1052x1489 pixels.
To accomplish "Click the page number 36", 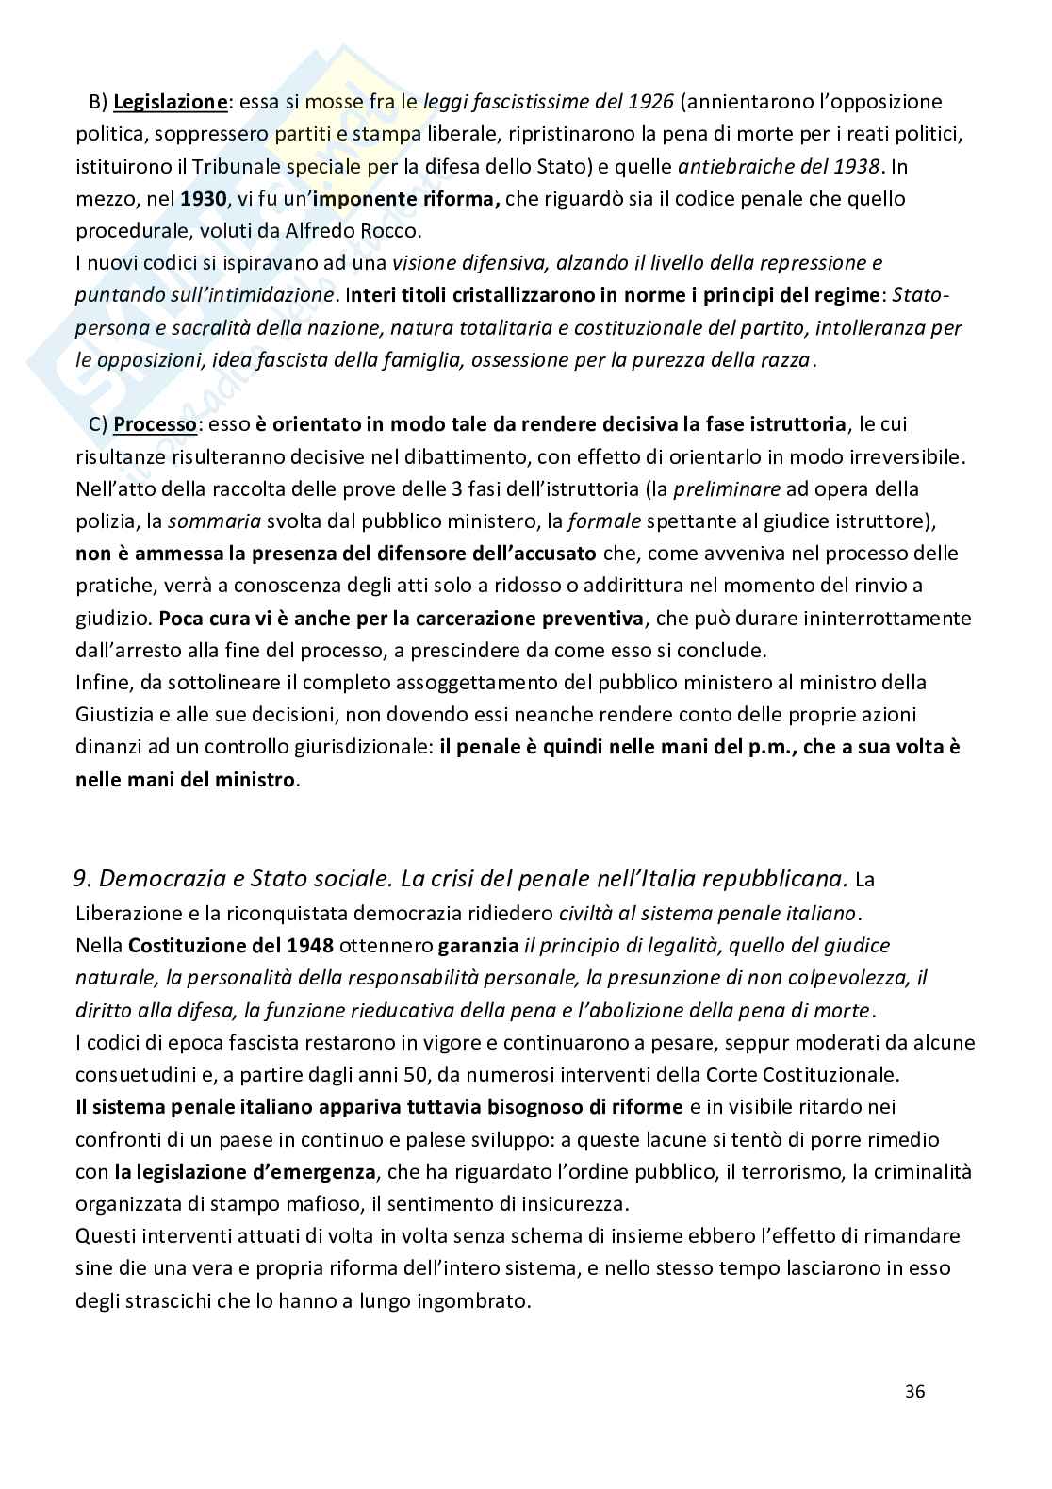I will click(914, 1391).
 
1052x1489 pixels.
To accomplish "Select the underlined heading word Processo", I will click(155, 424).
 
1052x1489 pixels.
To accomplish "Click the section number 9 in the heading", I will click(82, 879).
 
